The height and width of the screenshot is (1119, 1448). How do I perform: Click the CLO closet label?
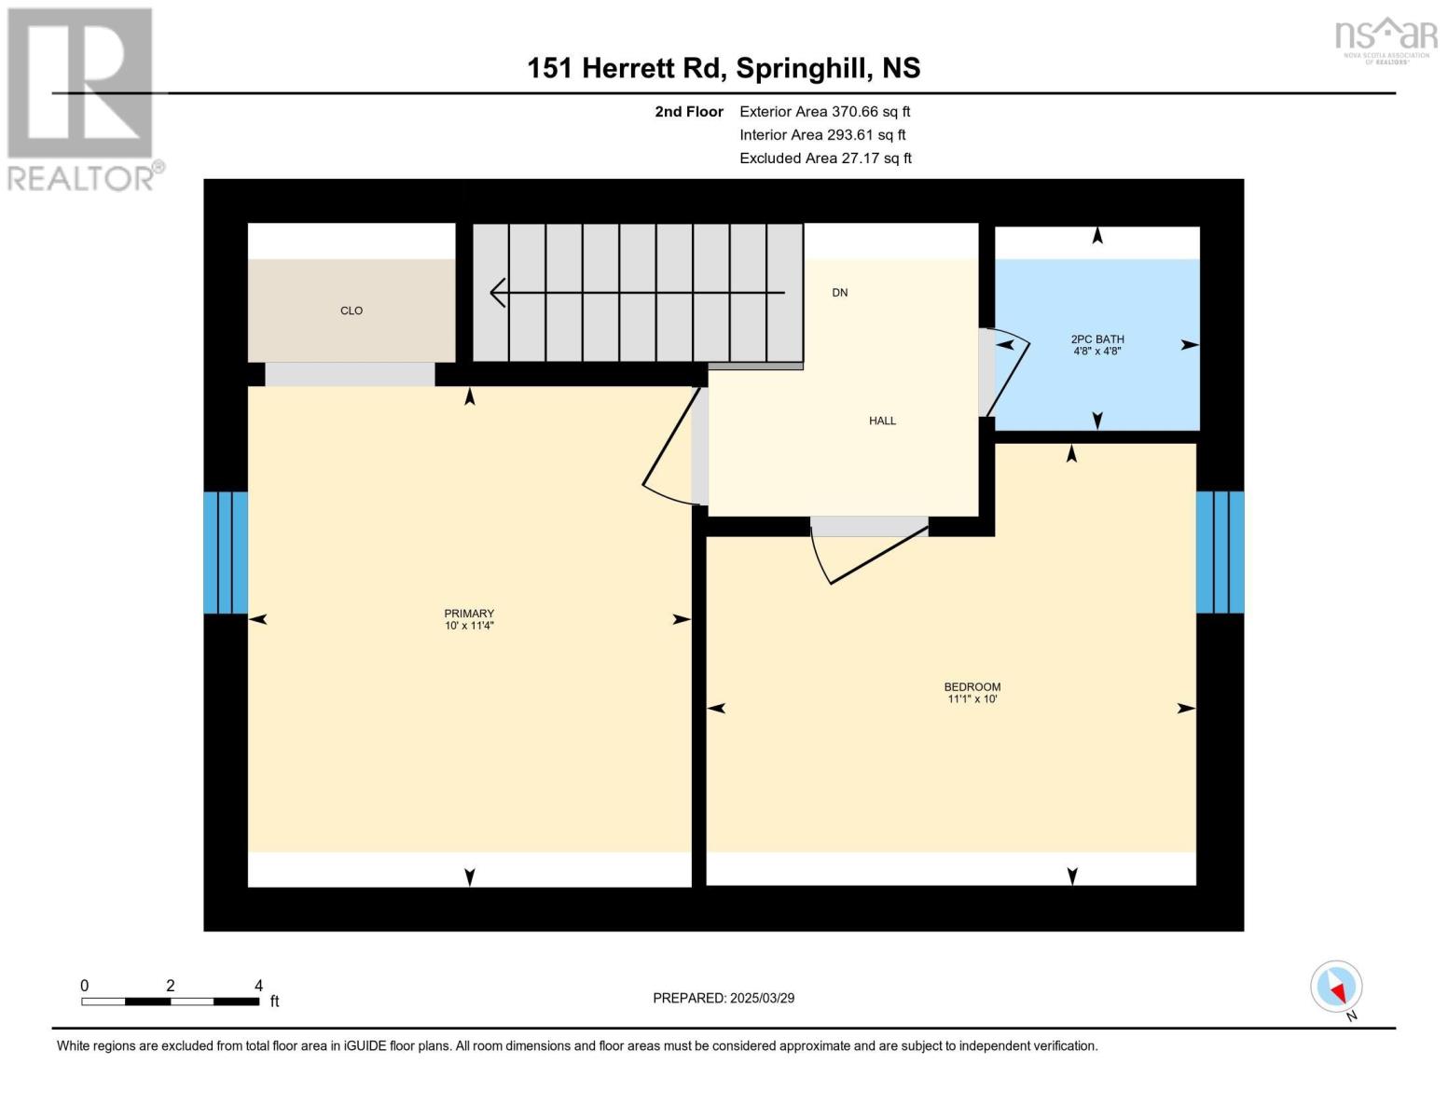(x=352, y=311)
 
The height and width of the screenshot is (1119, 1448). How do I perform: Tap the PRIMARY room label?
(x=469, y=614)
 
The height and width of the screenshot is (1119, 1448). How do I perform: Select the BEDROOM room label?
(x=972, y=686)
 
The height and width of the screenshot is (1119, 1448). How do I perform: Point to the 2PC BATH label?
(x=1097, y=339)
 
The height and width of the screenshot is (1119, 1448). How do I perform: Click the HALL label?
(x=882, y=421)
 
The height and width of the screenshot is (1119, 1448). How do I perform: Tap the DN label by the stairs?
(x=839, y=293)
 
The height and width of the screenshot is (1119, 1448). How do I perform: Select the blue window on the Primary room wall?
(x=226, y=552)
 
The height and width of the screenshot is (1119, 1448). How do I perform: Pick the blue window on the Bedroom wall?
(x=1220, y=552)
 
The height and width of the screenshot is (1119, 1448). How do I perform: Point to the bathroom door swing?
(x=1010, y=373)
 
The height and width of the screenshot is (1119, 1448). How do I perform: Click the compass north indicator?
(x=1336, y=987)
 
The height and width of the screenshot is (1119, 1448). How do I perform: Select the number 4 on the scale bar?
(x=258, y=985)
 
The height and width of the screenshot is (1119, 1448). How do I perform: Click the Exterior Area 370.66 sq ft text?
(x=825, y=112)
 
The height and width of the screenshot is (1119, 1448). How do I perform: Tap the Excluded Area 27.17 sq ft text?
(x=825, y=159)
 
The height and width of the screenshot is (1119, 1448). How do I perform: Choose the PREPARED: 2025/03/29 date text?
(x=724, y=999)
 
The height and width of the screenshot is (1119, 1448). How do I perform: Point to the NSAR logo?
(x=1386, y=40)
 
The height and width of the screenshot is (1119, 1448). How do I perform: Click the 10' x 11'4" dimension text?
(x=469, y=626)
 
